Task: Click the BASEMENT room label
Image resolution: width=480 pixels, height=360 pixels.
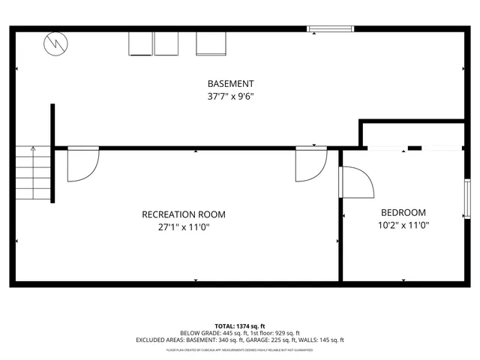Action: click(x=230, y=83)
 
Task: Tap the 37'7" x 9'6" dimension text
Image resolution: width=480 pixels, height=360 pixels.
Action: click(x=230, y=96)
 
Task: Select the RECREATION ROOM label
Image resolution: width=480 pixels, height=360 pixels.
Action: click(x=184, y=214)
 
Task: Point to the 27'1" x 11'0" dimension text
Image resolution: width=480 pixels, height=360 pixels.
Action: click(x=184, y=226)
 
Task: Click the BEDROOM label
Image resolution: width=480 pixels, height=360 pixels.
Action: click(x=403, y=212)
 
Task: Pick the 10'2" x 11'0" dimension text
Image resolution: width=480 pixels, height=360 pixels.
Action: click(x=403, y=224)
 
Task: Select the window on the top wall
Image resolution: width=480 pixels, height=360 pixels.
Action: click(x=330, y=29)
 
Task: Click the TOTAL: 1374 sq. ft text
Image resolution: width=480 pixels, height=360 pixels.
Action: click(x=240, y=326)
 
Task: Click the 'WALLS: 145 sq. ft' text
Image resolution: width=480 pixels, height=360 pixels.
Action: click(x=322, y=340)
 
